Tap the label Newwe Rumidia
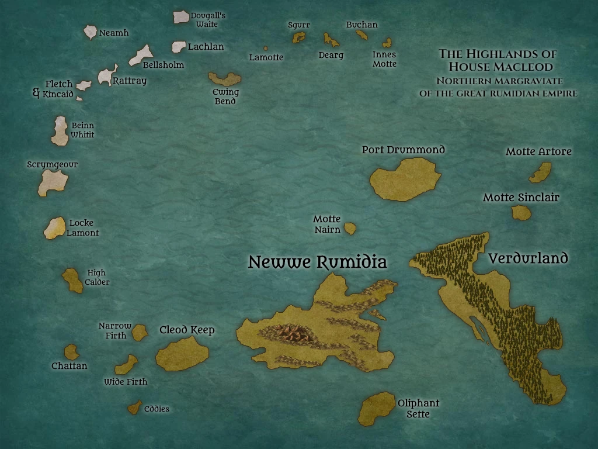click(x=317, y=262)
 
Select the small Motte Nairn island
click(x=350, y=229)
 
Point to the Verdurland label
click(x=528, y=258)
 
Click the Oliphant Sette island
click(x=376, y=408)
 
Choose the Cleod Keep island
click(x=182, y=353)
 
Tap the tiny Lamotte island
click(x=266, y=49)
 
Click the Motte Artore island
click(x=541, y=172)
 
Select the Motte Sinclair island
click(x=521, y=212)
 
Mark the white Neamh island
click(x=90, y=32)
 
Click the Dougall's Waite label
click(x=207, y=20)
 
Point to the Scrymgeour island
click(x=53, y=182)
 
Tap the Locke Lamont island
click(x=55, y=228)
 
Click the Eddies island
click(x=135, y=407)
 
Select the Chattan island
click(x=72, y=352)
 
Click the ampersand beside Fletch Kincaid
click(x=36, y=92)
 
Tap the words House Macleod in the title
click(x=500, y=67)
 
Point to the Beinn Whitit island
click(x=60, y=131)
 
